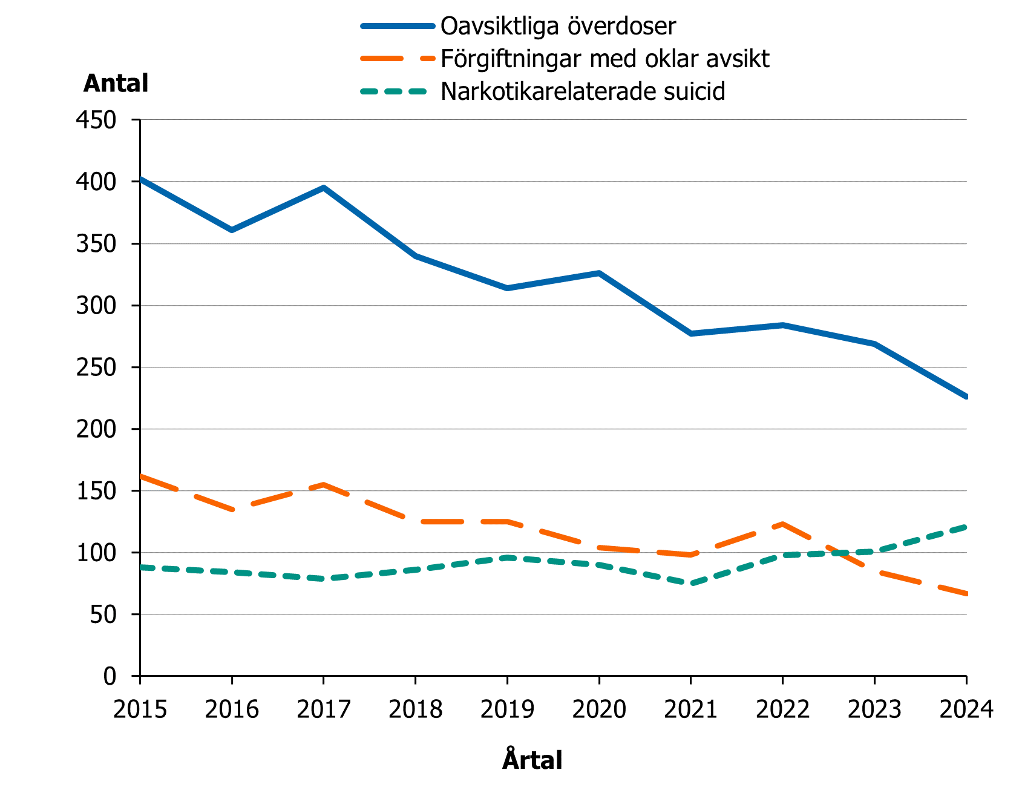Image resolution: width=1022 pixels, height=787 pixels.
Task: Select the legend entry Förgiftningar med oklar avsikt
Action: coord(604,59)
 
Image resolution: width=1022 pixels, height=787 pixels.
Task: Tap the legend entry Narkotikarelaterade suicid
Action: coord(583,91)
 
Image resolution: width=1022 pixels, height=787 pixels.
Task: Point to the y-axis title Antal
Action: coord(116,84)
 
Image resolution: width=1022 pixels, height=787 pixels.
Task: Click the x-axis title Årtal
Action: coord(532,760)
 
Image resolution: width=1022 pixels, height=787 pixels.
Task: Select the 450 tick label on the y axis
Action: coord(96,120)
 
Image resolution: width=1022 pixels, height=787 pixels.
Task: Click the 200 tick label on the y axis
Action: coord(96,429)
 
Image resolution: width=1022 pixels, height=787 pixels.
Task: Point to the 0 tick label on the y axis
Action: coord(110,676)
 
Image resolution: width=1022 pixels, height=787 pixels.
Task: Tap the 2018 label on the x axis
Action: coord(415,709)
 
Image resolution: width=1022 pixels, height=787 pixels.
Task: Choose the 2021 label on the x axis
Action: coord(690,709)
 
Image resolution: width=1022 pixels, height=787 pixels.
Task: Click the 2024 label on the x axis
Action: coord(966,709)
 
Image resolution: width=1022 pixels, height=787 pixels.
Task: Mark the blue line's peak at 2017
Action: coord(324,188)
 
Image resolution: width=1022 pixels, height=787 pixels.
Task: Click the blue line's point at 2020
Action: coord(599,273)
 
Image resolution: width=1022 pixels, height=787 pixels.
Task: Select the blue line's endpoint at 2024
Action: coord(966,397)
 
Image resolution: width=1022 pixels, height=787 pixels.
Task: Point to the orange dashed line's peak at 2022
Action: coord(782,524)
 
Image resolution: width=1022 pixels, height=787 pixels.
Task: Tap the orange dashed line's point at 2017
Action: coord(324,484)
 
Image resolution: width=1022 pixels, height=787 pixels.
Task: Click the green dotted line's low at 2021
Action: coord(690,584)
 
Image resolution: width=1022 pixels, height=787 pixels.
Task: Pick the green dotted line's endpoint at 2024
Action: coord(966,527)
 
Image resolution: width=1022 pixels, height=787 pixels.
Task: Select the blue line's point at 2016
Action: coord(232,230)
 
